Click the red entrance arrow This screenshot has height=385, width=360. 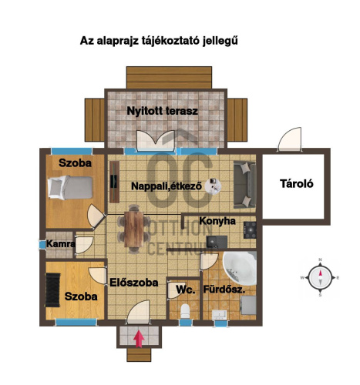tap(139, 339)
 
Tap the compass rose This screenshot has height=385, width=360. tap(320, 278)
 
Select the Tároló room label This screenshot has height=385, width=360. tap(297, 184)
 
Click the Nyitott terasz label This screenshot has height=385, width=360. tap(163, 111)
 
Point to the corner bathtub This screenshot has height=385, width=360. tap(241, 268)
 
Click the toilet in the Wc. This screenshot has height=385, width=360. tap(185, 310)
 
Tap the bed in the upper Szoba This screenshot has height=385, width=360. tap(70, 187)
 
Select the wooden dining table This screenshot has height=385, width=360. tap(134, 229)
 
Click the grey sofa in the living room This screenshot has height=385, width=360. tap(245, 185)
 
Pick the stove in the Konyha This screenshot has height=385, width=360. tap(250, 230)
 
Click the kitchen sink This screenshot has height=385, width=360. tap(217, 242)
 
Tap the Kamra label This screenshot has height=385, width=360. tap(61, 243)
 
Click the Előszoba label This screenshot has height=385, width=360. tap(134, 283)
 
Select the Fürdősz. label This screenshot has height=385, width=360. tap(224, 290)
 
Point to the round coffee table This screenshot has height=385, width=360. tap(213, 186)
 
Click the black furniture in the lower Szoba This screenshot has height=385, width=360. tap(52, 290)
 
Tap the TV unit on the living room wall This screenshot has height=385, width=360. tap(114, 182)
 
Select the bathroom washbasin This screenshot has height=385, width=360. tap(219, 315)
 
